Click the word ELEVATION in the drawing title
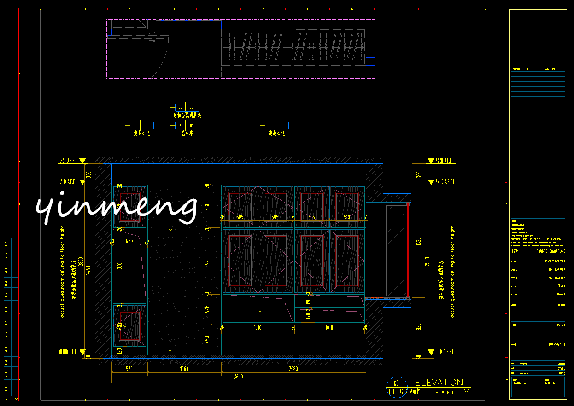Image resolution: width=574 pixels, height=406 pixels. pyautogui.click(x=439, y=383)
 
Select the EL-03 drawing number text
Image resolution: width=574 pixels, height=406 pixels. pyautogui.click(x=398, y=392)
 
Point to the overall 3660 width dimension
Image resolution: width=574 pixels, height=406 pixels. pyautogui.click(x=238, y=377)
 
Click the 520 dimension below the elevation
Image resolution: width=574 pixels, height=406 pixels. pyautogui.click(x=129, y=369)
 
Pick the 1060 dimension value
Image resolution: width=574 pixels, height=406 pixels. pyautogui.click(x=184, y=369)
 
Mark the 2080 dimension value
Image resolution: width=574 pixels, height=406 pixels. pyautogui.click(x=293, y=369)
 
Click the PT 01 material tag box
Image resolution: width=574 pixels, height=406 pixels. pyautogui.click(x=187, y=125)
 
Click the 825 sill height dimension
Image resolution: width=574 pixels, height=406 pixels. pyautogui.click(x=418, y=327)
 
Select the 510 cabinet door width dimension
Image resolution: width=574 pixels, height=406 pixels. pyautogui.click(x=347, y=217)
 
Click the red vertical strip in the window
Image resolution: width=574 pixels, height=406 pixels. pyautogui.click(x=408, y=250)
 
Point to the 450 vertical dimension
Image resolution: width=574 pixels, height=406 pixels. pyautogui.click(x=207, y=340)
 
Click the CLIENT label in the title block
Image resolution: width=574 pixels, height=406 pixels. pyautogui.click(x=561, y=305)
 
